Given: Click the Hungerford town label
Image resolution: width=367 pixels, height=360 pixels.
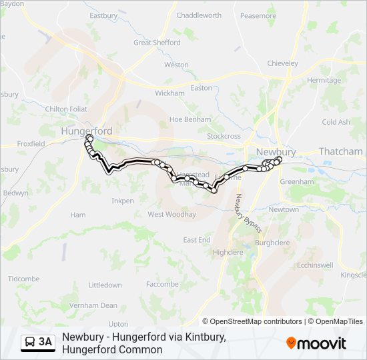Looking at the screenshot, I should coord(87,131).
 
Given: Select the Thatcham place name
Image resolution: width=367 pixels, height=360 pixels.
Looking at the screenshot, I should coord(340,151).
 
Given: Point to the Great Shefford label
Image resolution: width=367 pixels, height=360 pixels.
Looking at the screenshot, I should coord(157,42).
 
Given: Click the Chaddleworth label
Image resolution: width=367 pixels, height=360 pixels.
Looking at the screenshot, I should coord(199,15).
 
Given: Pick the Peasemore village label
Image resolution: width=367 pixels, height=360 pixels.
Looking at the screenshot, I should coord(258,15).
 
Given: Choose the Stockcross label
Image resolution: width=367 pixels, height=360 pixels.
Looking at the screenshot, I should coord(224,136).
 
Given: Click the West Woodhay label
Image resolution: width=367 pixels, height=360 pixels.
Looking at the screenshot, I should coord(171,215).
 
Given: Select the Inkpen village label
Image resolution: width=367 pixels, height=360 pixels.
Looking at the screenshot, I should coord(123,201).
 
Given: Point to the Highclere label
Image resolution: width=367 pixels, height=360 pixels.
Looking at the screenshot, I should coord(228,253).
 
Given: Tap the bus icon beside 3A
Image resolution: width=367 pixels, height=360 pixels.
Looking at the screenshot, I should coord(30,343).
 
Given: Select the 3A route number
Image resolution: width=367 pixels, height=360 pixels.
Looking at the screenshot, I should coord(45,343).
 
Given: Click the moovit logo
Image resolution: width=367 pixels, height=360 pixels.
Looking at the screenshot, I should coord(316,343).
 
